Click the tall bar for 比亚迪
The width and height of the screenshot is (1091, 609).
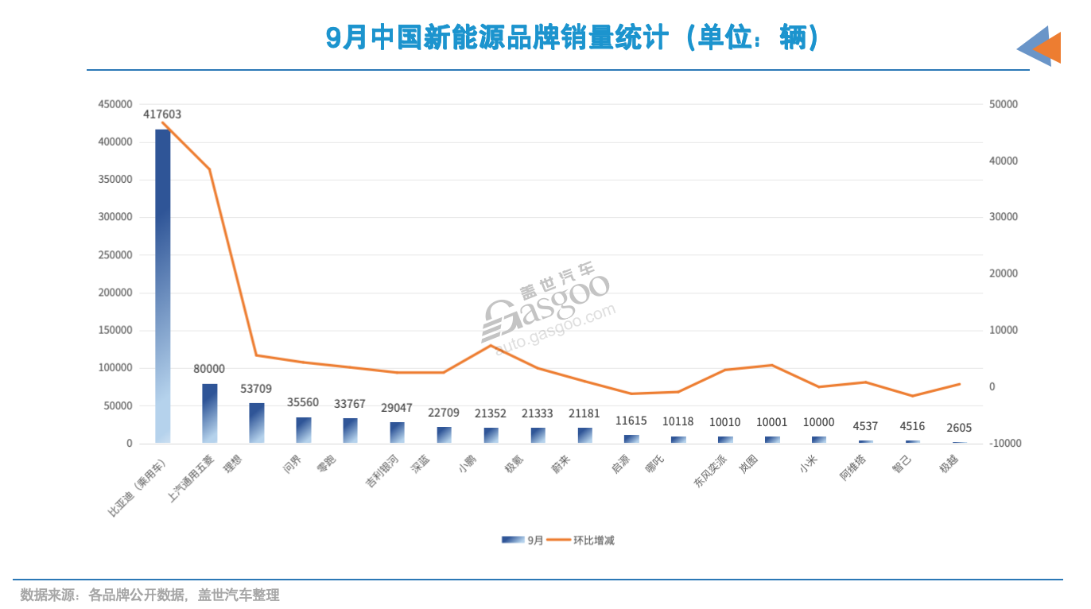pos(162,286)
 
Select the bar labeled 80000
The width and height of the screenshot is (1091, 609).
pos(209,413)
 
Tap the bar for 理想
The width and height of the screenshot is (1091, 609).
pos(256,423)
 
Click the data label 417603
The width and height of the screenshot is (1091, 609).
pos(162,114)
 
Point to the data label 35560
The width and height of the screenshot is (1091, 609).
pos(303,402)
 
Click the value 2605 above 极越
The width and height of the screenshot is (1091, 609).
pos(959,428)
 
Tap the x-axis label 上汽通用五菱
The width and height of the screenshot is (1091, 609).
pos(191,479)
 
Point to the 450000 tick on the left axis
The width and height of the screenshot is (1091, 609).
pos(115,104)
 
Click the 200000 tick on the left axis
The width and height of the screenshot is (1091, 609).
pos(115,293)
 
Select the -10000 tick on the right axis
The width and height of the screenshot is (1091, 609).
pos(1003,443)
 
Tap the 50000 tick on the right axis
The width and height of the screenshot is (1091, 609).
pos(1003,104)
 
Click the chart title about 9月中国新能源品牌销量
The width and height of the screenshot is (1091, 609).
pos(573,37)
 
